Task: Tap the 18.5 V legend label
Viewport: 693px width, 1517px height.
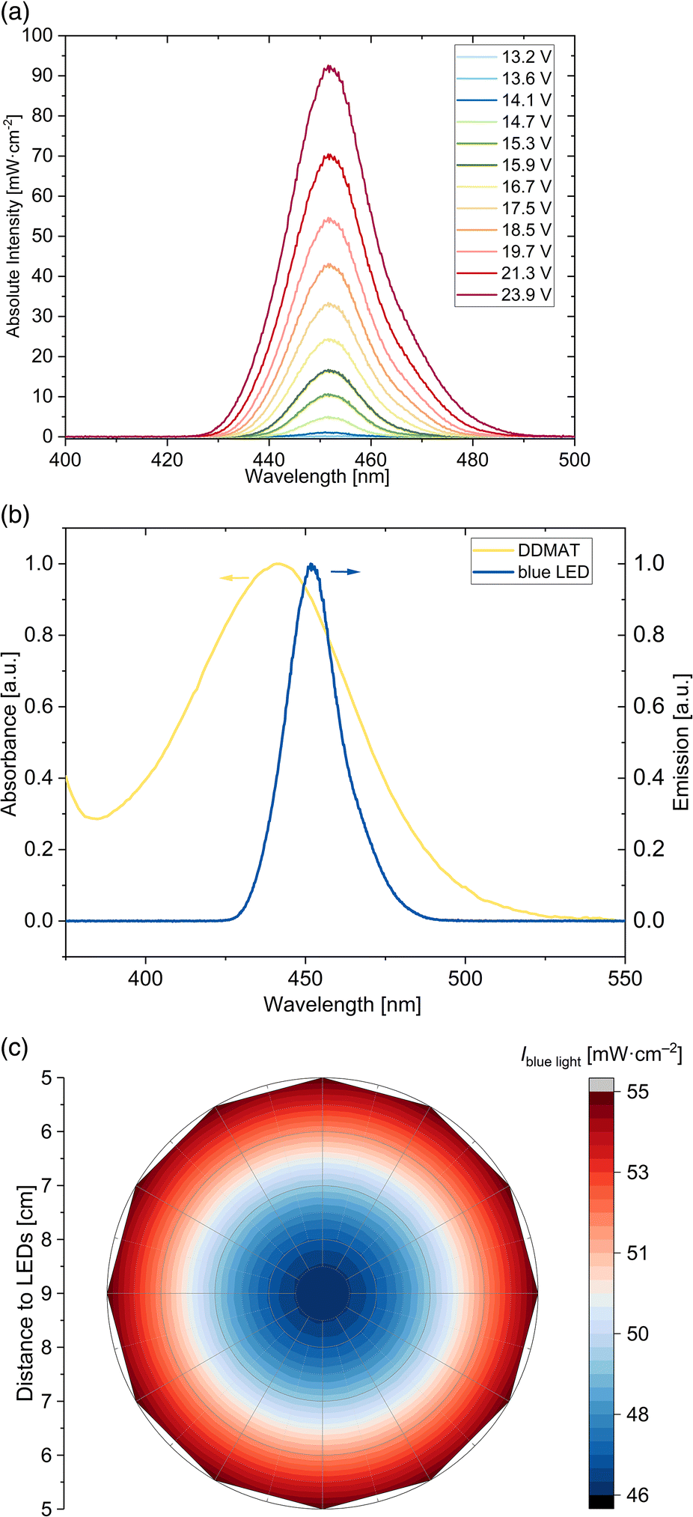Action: click(x=526, y=230)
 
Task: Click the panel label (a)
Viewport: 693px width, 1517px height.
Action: click(x=16, y=13)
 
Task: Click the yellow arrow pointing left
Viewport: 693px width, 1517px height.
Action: click(x=234, y=577)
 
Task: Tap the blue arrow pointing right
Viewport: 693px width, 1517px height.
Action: click(x=346, y=572)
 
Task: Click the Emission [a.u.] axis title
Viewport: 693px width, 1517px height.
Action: click(x=680, y=742)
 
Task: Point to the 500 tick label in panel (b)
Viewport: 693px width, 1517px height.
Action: click(x=465, y=979)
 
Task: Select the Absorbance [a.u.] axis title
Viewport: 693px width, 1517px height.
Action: click(x=9, y=734)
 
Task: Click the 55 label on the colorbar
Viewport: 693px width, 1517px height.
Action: click(x=638, y=1092)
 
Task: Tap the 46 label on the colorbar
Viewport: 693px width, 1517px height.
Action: click(x=638, y=1495)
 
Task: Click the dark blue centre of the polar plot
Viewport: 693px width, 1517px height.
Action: click(x=323, y=1293)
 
